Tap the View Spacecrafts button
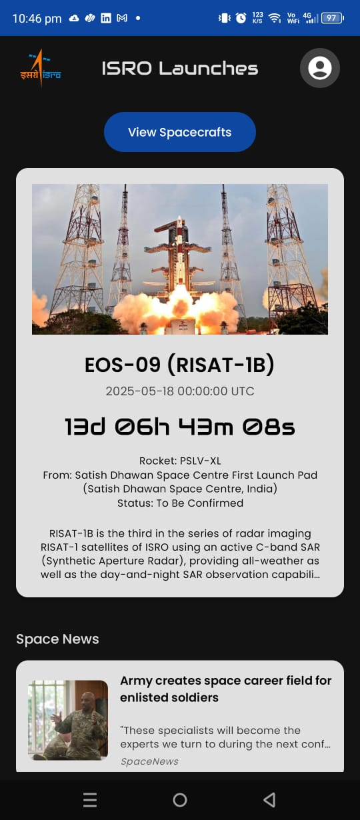tap(179, 132)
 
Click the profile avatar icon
tap(320, 68)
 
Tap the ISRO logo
tap(41, 68)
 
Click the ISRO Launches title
tap(179, 68)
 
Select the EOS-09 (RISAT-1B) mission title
tap(179, 365)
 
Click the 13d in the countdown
tap(85, 427)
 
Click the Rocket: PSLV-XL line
tap(179, 461)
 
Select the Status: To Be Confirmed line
tap(179, 503)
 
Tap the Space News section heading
tap(57, 639)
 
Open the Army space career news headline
tap(225, 689)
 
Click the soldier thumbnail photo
tap(68, 720)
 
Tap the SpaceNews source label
tap(149, 761)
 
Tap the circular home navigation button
tap(180, 800)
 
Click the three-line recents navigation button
tap(90, 800)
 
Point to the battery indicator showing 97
tap(331, 18)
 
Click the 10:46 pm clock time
tap(37, 19)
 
